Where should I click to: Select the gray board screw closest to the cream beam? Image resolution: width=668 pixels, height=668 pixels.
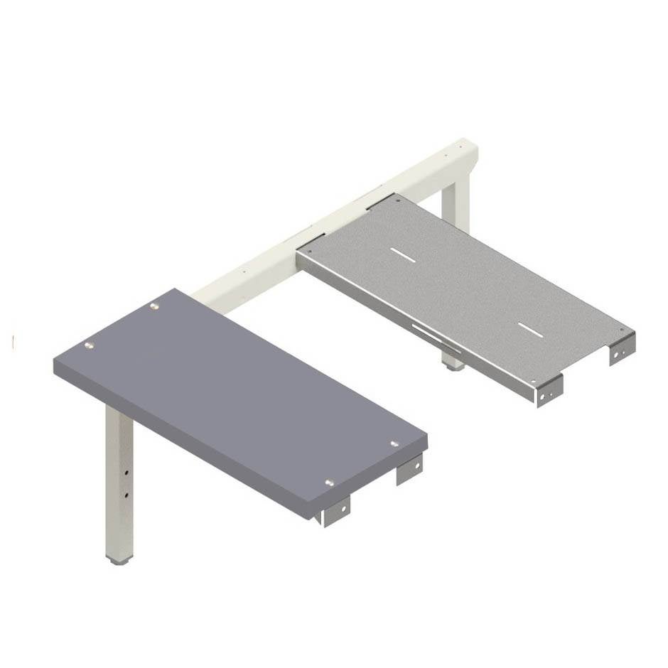click(x=153, y=307)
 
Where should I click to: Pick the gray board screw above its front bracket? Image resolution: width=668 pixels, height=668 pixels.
click(x=329, y=483)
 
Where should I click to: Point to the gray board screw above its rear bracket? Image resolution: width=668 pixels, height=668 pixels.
click(x=394, y=443)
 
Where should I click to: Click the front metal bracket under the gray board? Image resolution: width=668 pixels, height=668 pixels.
click(x=336, y=510)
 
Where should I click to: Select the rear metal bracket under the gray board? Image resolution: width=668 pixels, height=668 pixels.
click(x=409, y=471)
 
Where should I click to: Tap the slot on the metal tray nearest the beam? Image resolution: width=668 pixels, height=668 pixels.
click(x=400, y=254)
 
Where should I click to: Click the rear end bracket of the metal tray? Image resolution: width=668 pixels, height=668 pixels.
click(x=621, y=350)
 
